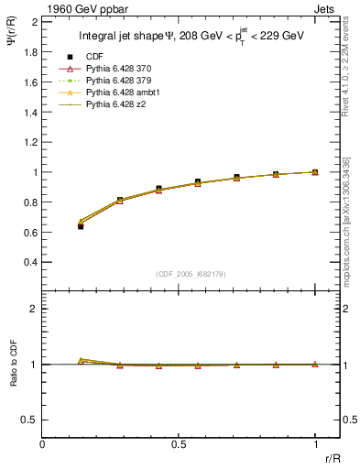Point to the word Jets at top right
coord(325,8)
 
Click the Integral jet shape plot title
coord(191,38)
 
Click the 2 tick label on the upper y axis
coord(34,21)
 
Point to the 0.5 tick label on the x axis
coord(179,443)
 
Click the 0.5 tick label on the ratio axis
coord(28,420)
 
